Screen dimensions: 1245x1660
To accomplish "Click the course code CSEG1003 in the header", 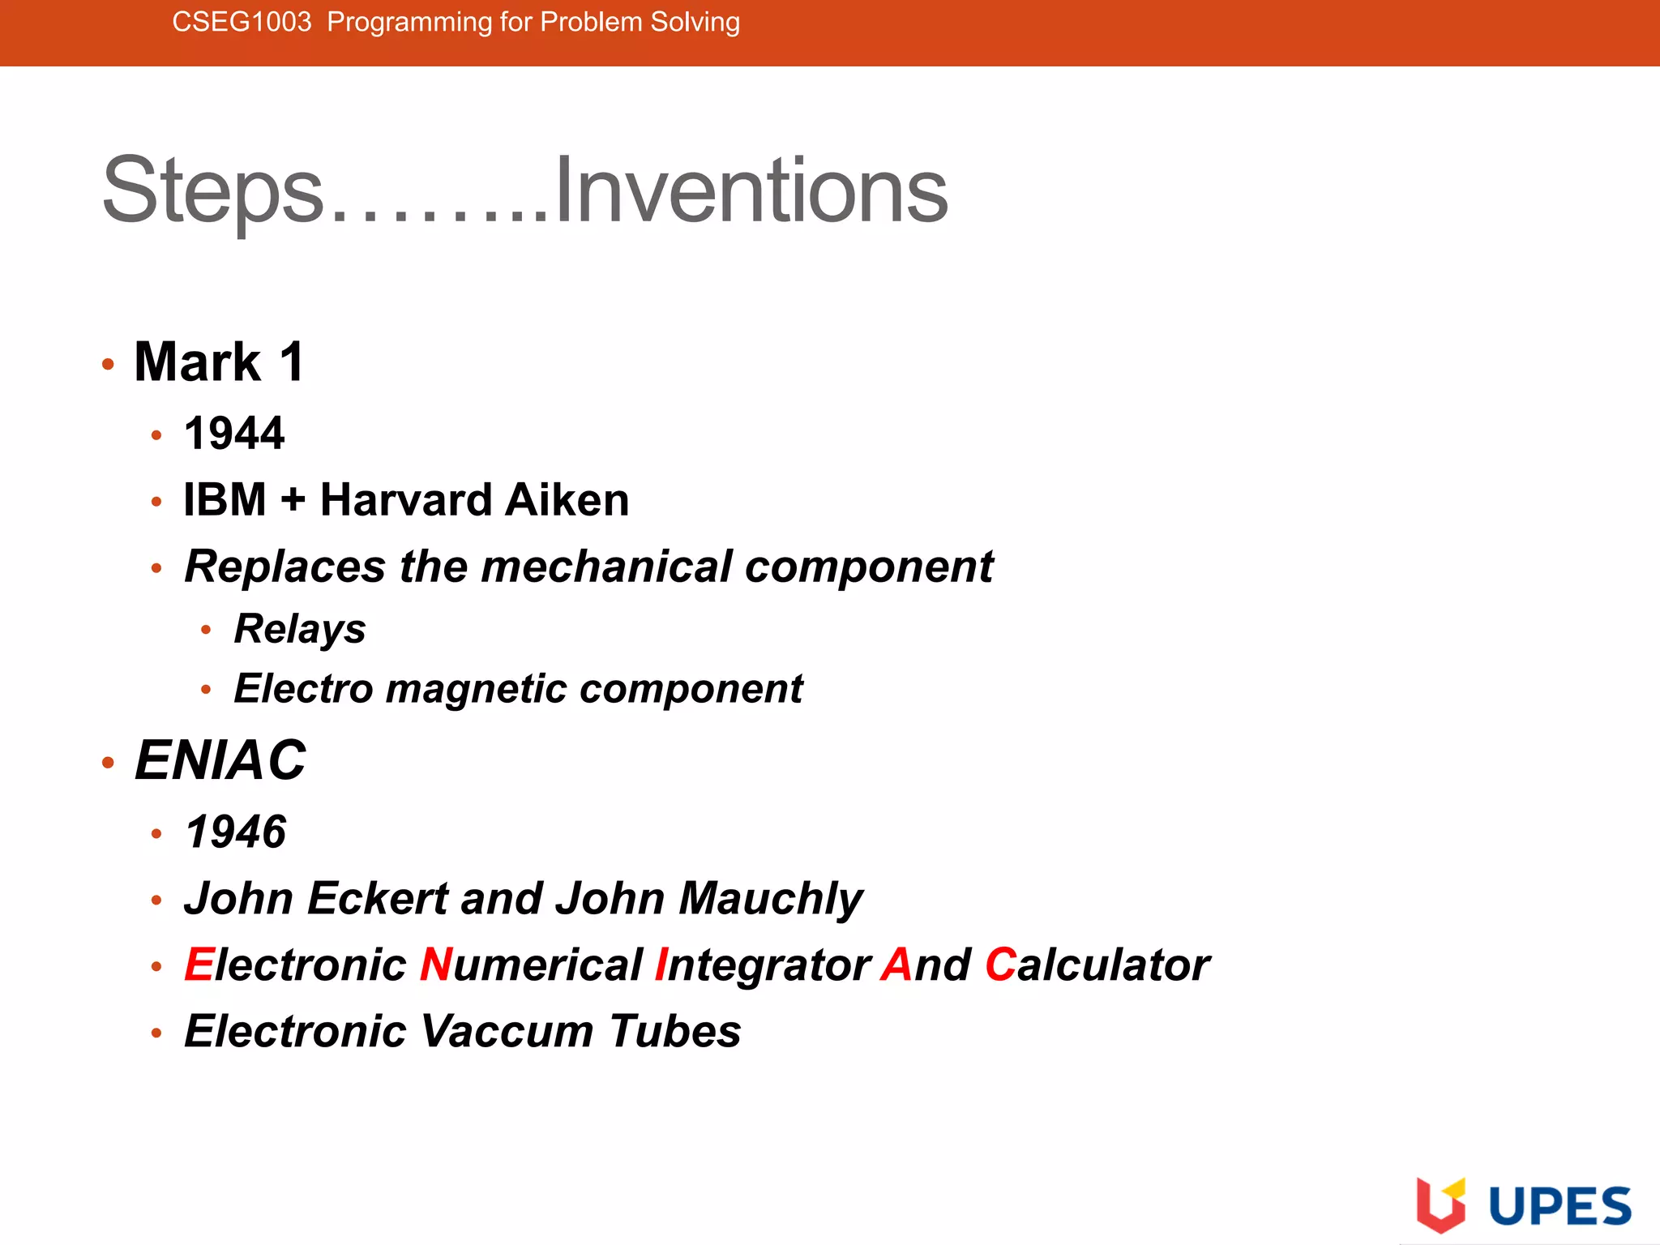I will click(242, 22).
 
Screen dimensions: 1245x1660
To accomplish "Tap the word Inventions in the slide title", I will click(751, 190).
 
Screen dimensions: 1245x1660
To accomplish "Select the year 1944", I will click(234, 433).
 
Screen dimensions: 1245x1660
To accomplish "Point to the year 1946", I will click(236, 832).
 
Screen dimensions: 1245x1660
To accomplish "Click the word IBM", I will click(225, 499).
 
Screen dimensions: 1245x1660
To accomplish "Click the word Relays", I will click(300, 629).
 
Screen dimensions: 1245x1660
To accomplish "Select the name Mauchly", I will click(771, 899).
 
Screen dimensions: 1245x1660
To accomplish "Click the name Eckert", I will click(378, 898).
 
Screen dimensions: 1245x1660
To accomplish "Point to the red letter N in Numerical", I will click(436, 965).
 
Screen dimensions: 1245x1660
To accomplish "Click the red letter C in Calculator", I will click(1000, 965).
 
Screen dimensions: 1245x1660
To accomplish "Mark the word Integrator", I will click(763, 965).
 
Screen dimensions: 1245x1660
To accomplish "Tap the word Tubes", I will click(675, 1031).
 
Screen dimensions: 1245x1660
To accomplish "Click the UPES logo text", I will click(1560, 1206).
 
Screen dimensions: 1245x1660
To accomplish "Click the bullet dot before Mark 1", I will click(109, 364).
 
